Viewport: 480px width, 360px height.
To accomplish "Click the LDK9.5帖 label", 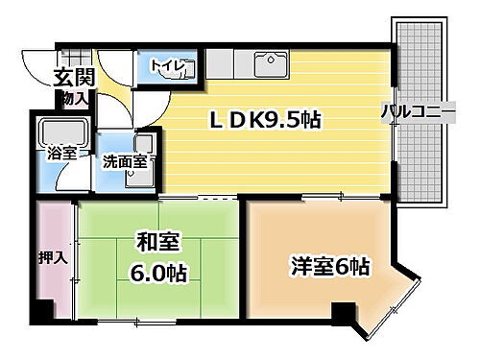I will pos(266,120).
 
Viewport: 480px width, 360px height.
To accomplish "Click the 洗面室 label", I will pos(125,161).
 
